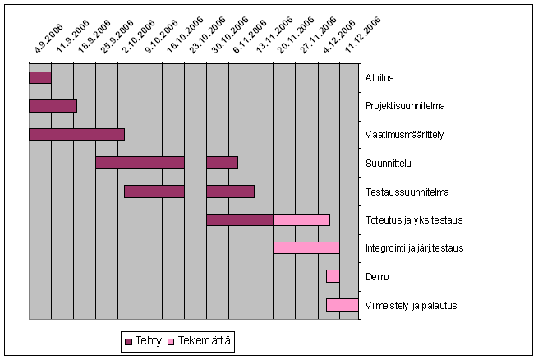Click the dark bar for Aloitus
(39, 78)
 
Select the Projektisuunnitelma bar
(53, 106)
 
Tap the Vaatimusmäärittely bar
(76, 134)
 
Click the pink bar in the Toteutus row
(301, 219)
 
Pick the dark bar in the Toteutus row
(239, 219)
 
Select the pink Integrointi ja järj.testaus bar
(306, 247)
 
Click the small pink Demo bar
(333, 276)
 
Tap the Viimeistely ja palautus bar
(342, 304)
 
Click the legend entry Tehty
(149, 340)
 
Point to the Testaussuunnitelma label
(407, 192)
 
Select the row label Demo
(377, 276)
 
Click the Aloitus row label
(379, 78)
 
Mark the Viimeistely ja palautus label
(411, 305)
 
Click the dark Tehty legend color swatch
(129, 340)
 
